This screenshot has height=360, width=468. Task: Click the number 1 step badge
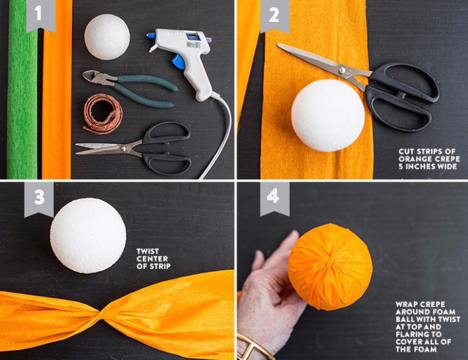tap(41, 15)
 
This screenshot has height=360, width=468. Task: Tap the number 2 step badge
tap(275, 16)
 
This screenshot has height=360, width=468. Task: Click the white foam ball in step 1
tap(107, 37)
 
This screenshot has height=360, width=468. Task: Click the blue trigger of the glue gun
tap(179, 61)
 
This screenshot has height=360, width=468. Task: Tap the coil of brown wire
tap(103, 114)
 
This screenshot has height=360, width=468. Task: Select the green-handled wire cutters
tap(129, 88)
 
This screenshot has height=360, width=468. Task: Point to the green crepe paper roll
tap(23, 90)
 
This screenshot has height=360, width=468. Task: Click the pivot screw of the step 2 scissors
tap(342, 70)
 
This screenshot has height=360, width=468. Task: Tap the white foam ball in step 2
tap(328, 116)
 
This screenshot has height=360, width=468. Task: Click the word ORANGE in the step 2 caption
tap(414, 159)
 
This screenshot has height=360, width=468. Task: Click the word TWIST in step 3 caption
tap(148, 251)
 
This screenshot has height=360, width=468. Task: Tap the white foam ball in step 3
tap(88, 235)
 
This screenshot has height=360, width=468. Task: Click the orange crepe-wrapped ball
tap(330, 267)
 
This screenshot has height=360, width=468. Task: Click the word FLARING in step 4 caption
tap(414, 334)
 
